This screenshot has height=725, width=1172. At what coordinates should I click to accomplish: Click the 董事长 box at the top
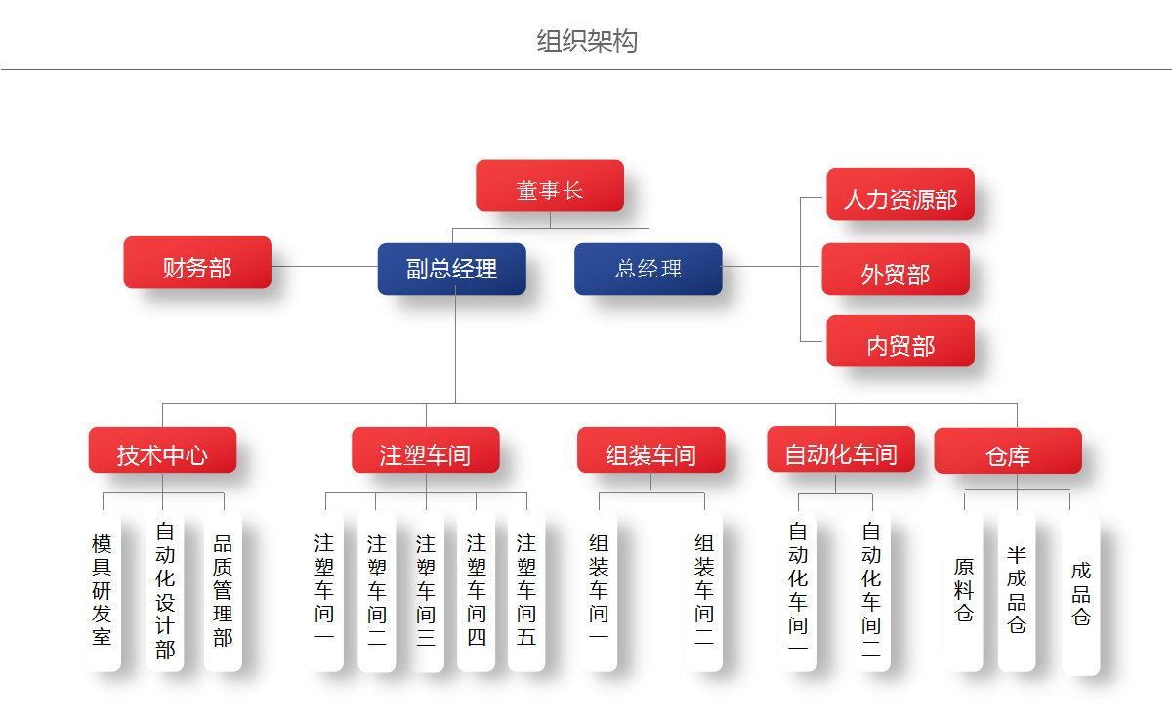[550, 186]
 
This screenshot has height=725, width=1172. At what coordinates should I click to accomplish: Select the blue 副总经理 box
[451, 269]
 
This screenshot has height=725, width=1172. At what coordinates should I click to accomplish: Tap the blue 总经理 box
[649, 269]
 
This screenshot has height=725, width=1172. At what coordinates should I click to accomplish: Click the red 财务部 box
[197, 263]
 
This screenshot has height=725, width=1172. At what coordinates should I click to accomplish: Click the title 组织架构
[587, 41]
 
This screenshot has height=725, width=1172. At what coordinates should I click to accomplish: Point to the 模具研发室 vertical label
[102, 590]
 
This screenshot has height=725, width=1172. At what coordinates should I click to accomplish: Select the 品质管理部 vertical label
[223, 590]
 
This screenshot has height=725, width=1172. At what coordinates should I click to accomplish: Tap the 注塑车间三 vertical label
[425, 590]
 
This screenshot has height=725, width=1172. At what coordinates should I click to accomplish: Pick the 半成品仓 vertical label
[1017, 590]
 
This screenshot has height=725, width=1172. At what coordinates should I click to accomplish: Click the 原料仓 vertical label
[964, 590]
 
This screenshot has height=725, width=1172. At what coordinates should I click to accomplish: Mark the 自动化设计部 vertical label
[165, 590]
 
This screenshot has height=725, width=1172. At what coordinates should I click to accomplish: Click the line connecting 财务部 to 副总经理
[324, 266]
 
